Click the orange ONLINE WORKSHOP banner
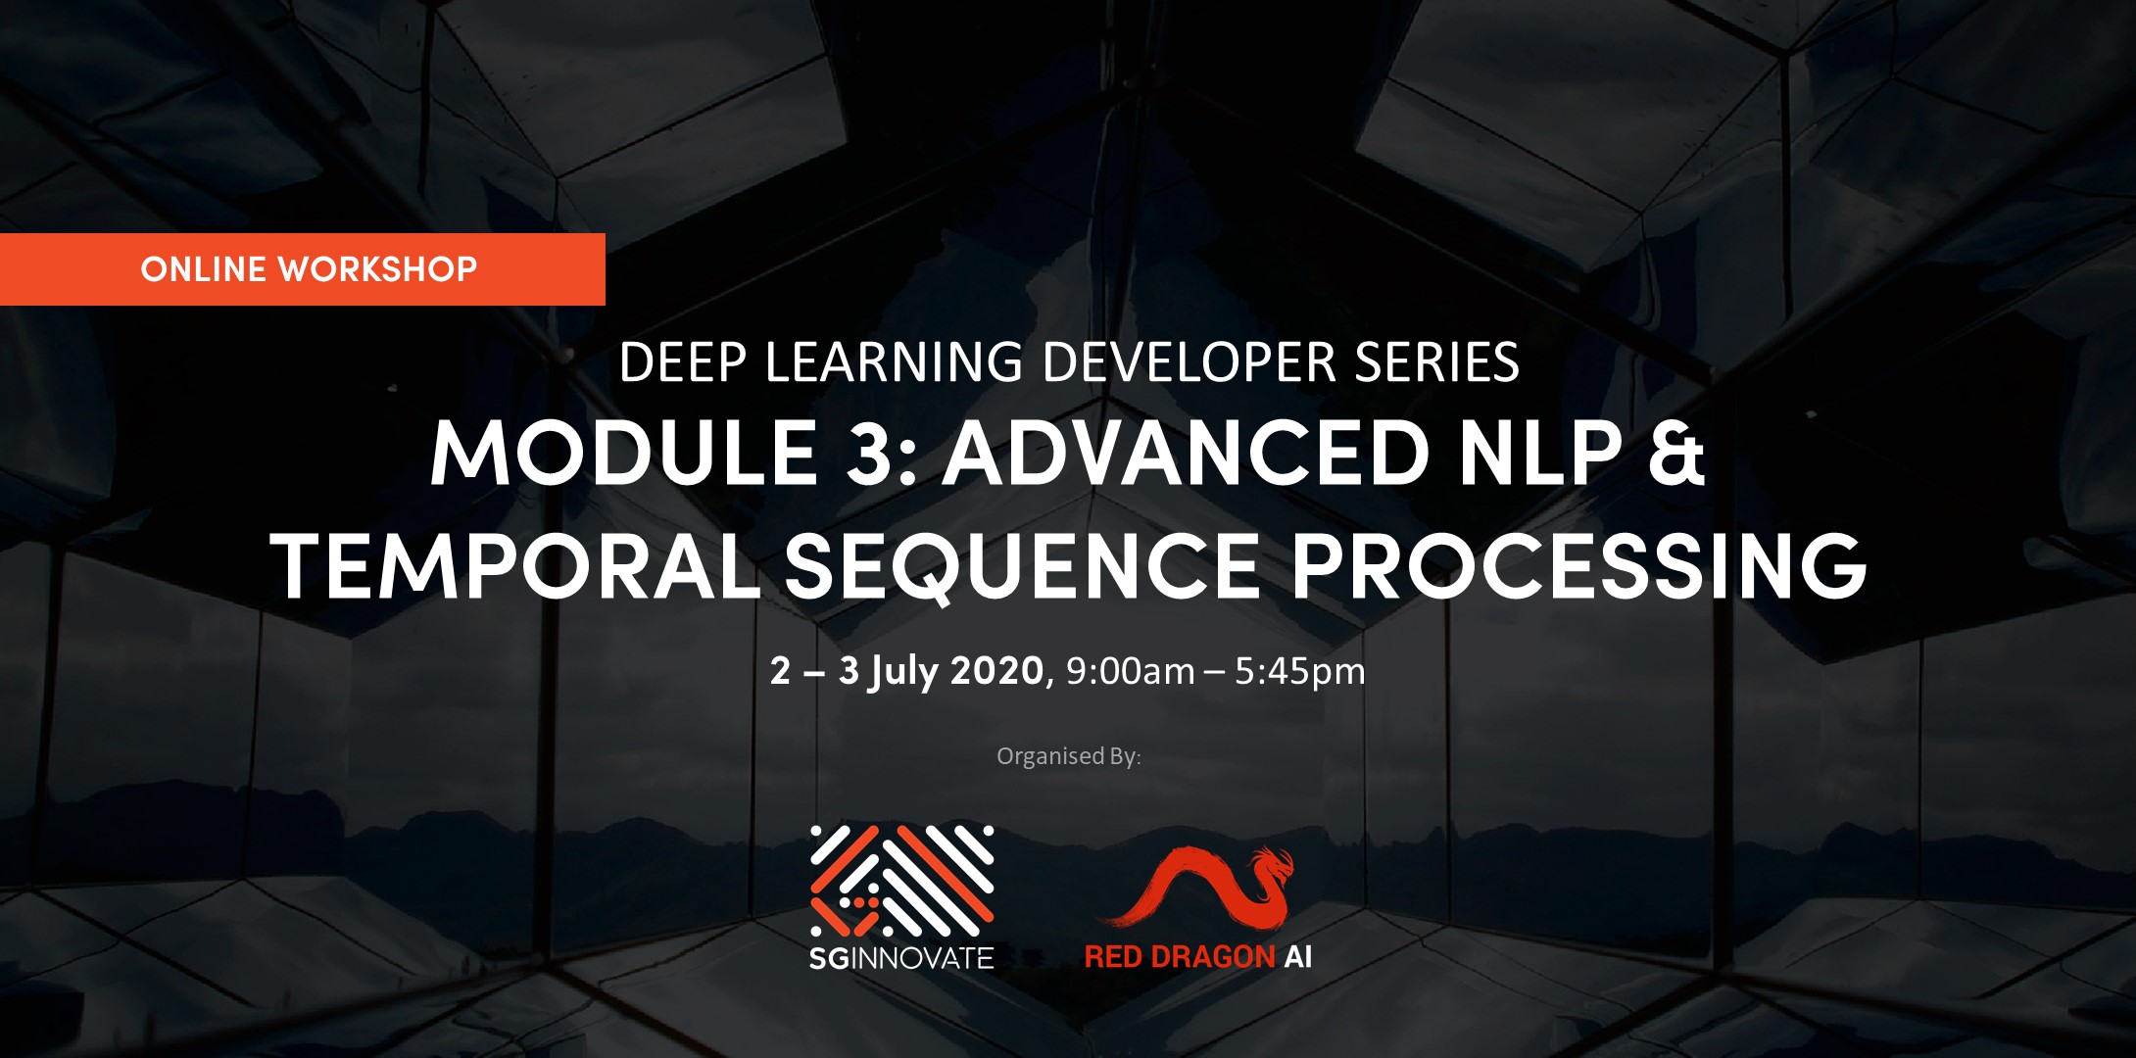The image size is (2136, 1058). click(x=302, y=269)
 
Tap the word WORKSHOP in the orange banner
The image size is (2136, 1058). click(x=378, y=269)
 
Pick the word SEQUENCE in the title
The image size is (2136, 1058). click(x=1023, y=568)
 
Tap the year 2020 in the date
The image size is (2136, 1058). click(x=997, y=671)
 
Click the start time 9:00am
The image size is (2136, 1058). click(x=1130, y=671)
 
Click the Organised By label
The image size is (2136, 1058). click(x=1069, y=756)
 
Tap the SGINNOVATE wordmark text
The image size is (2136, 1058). click(x=901, y=957)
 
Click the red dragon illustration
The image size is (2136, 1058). click(x=1197, y=886)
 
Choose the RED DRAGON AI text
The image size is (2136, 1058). click(x=1198, y=957)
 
